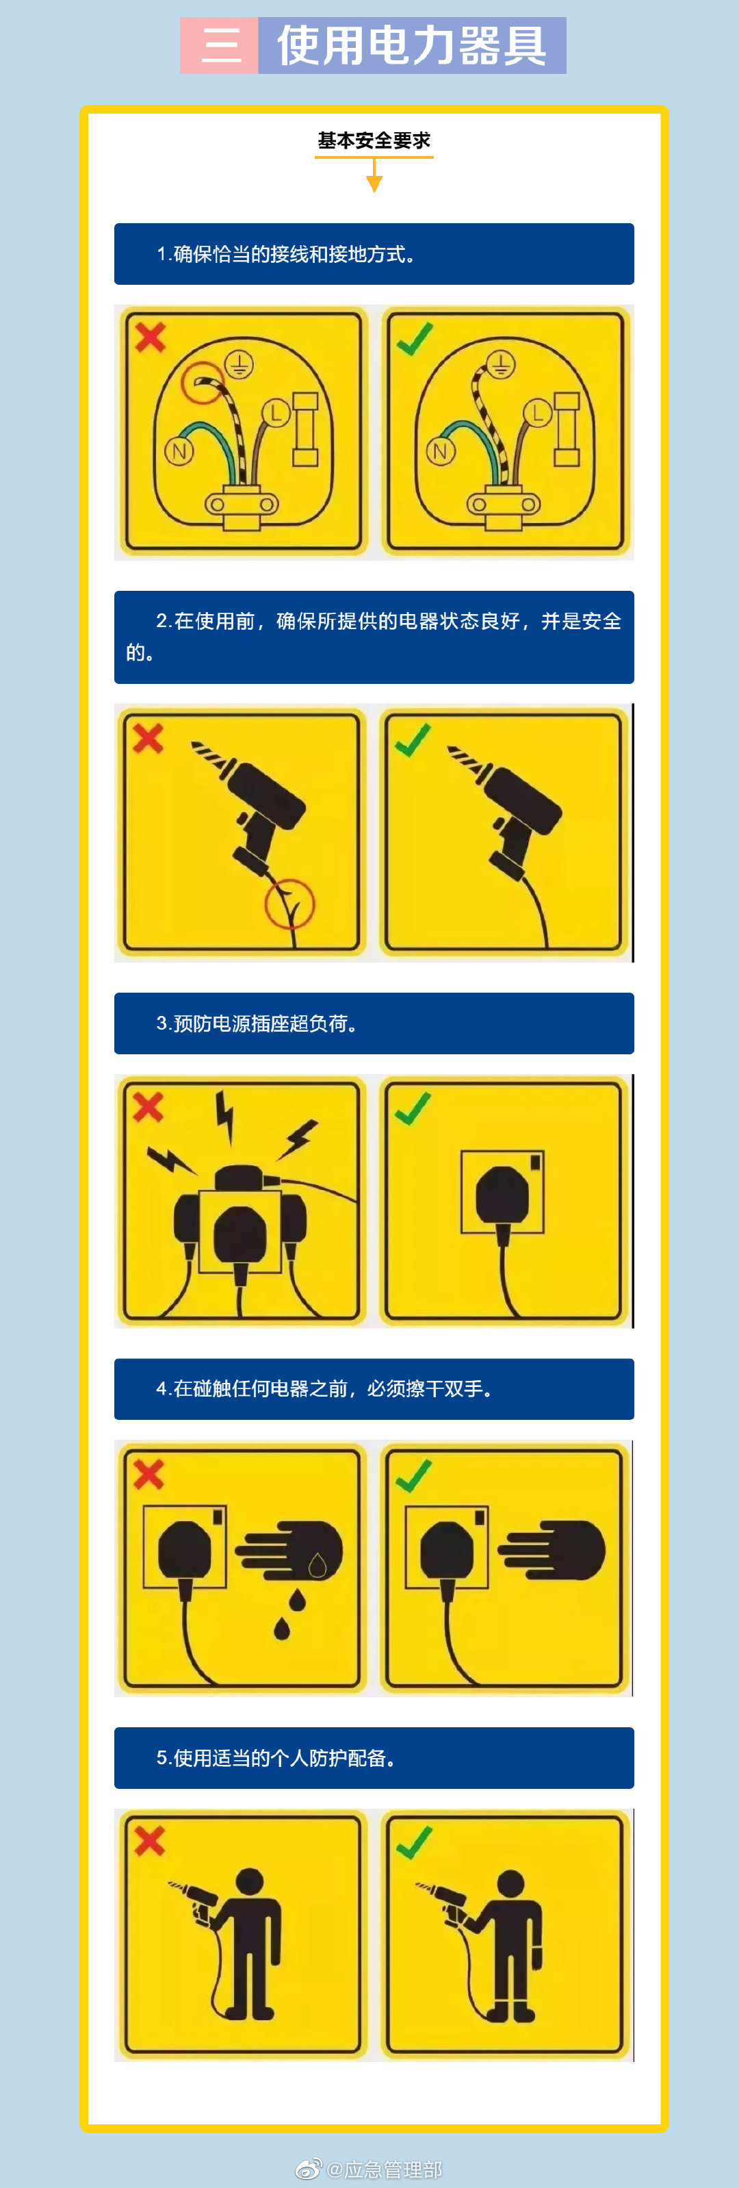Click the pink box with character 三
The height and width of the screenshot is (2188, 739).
coord(219,45)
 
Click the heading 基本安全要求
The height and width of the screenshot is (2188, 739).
coord(374,140)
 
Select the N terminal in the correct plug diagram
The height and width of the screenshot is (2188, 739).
coord(440,451)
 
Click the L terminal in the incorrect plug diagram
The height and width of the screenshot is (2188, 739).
coord(275,414)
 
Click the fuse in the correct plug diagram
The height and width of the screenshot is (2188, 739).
coord(567,429)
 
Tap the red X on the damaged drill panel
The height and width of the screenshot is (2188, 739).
coord(148,737)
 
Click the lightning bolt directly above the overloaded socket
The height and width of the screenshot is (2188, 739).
coord(225,1115)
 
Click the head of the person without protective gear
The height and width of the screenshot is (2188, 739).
coord(249,1881)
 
